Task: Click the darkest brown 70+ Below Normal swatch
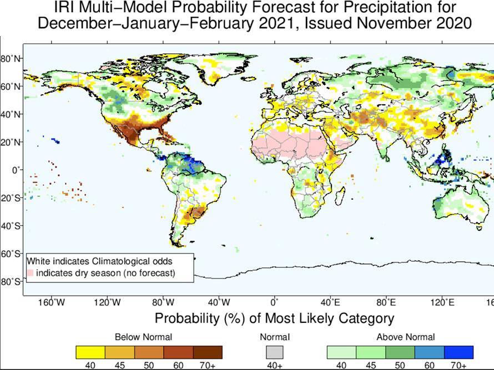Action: click(208, 352)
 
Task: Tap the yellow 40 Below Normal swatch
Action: click(90, 352)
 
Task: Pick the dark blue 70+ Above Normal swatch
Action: click(458, 352)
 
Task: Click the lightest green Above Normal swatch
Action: click(341, 352)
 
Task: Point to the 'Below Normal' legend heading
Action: click(143, 337)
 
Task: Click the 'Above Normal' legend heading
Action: click(406, 337)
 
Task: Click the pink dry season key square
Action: click(31, 273)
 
